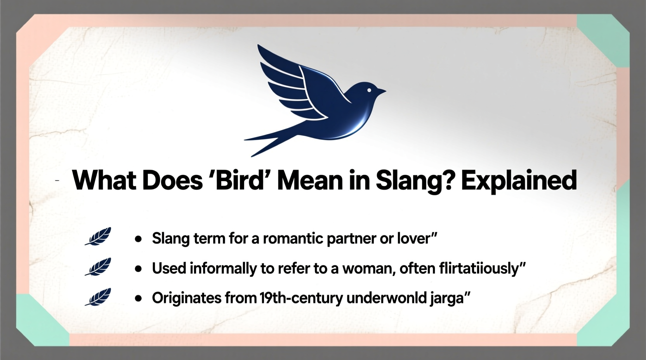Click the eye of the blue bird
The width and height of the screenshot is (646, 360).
click(369, 90)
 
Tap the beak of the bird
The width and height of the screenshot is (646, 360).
click(381, 92)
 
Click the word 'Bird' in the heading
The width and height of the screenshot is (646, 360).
click(239, 180)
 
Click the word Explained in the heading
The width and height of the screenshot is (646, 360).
click(519, 181)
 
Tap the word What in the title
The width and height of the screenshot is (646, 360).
click(104, 180)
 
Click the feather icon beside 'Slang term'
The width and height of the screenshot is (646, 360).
click(98, 236)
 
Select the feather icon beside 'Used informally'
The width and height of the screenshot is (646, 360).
click(98, 267)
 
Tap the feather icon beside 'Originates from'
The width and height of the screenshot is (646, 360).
click(98, 297)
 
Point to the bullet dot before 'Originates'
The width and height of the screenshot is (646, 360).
click(138, 299)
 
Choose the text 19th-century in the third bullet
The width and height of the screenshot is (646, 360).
click(300, 298)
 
